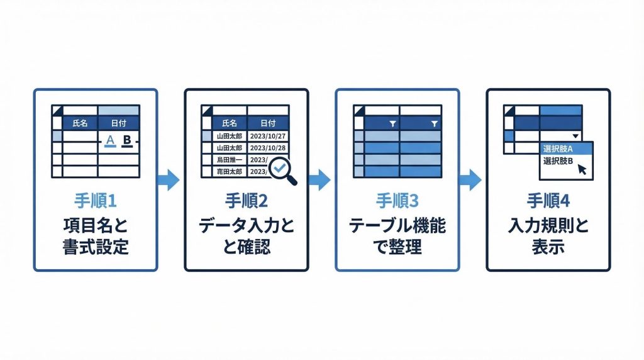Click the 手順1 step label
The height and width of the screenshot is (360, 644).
pyautogui.click(x=95, y=201)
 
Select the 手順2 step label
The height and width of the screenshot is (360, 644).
pyautogui.click(x=246, y=201)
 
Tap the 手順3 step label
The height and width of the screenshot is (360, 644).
pyautogui.click(x=397, y=201)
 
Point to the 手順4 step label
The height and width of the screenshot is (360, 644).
pyautogui.click(x=548, y=201)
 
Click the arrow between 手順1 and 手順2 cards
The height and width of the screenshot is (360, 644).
pyautogui.click(x=169, y=180)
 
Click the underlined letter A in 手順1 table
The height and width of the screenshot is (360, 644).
pyautogui.click(x=111, y=139)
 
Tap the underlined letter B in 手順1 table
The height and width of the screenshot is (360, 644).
pyautogui.click(x=127, y=139)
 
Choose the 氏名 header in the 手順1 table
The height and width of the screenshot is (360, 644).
pyautogui.click(x=80, y=123)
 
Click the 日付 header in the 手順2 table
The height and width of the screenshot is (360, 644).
pyautogui.click(x=268, y=123)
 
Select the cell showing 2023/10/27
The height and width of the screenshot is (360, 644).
pyautogui.click(x=268, y=136)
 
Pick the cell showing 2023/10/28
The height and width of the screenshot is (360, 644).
pyautogui.click(x=268, y=148)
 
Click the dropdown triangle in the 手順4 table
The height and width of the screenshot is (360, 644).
pyautogui.click(x=575, y=136)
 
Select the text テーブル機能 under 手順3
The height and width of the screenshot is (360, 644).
pyautogui.click(x=397, y=225)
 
